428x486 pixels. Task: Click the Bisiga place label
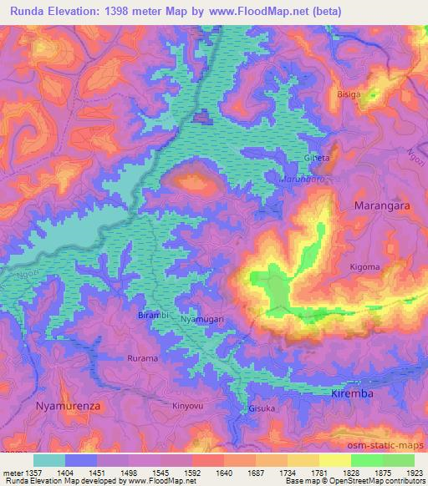[349, 94]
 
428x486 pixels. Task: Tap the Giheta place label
[317, 158]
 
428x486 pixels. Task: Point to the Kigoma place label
[365, 267]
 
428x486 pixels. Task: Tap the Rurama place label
[142, 358]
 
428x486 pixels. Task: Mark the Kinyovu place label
[188, 406]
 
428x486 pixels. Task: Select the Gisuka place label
[261, 409]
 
